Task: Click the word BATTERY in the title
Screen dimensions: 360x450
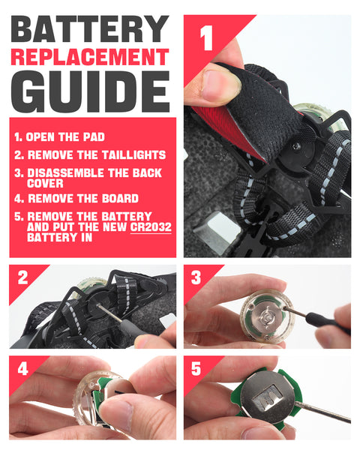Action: click(x=90, y=29)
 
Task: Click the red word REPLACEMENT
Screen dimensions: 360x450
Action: click(x=90, y=57)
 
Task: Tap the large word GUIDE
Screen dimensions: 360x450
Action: click(x=90, y=91)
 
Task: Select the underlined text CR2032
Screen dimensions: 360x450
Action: click(x=151, y=227)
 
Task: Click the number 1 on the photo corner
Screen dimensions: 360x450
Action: click(x=206, y=38)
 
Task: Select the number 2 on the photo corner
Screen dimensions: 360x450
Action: click(x=23, y=277)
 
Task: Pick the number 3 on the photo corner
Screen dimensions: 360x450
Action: click(x=196, y=277)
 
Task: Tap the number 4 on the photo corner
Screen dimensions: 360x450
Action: click(x=23, y=369)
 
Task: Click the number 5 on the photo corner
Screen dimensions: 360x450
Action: click(x=196, y=369)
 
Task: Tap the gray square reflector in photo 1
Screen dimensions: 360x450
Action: click(x=217, y=232)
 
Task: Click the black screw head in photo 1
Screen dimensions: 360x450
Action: click(x=296, y=147)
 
